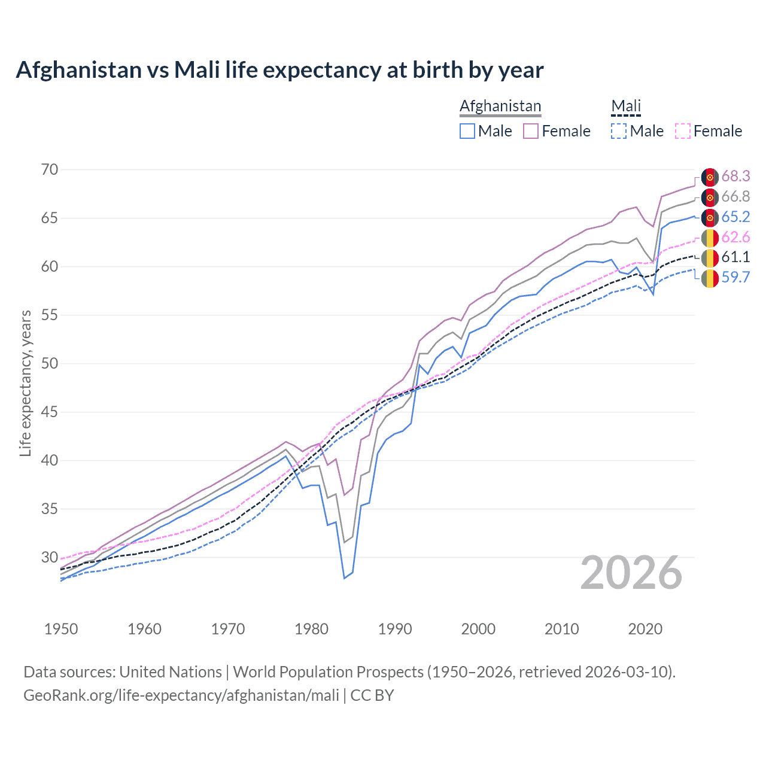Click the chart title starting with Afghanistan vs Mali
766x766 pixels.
coord(279,70)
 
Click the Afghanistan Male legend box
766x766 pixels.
coord(467,131)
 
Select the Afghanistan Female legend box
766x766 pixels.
coord(531,131)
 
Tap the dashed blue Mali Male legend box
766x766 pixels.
coord(619,131)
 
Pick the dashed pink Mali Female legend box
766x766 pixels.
coord(683,131)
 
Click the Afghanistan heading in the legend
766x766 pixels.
coord(500,106)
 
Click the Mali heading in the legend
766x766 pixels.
coord(626,106)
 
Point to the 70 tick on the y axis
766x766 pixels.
coord(50,169)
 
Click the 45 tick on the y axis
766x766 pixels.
coord(50,412)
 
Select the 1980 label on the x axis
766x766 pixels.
coord(312,629)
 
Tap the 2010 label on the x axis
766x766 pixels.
coord(561,629)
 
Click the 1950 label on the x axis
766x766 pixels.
coord(61,629)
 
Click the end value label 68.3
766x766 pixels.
coord(735,176)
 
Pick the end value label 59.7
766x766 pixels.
coord(735,277)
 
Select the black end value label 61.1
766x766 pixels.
coord(735,257)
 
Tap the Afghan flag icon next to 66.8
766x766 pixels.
coord(710,197)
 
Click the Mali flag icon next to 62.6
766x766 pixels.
coord(710,238)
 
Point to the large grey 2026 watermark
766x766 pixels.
coord(631,573)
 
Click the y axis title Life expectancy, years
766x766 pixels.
coord(25,383)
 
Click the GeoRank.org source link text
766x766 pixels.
coord(181,695)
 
